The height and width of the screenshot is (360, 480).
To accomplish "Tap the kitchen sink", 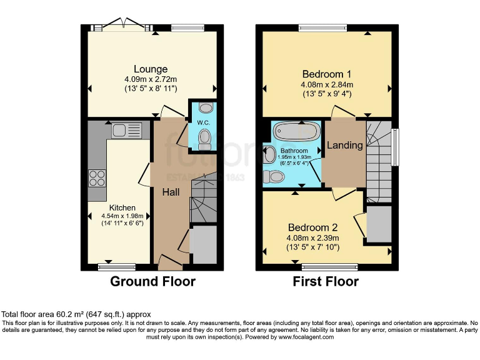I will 126,131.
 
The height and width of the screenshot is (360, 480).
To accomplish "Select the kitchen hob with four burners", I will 97,178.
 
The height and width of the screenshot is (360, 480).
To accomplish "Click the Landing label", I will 345,145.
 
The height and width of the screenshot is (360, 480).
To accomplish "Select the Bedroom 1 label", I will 327,73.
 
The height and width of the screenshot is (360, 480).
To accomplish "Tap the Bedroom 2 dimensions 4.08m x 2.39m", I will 312,238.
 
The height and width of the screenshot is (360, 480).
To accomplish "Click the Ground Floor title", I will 152,281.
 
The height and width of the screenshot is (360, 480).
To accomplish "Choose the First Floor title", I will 326,281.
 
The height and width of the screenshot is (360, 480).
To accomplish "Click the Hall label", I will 171,192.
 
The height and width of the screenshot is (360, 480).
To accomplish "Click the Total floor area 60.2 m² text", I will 75,314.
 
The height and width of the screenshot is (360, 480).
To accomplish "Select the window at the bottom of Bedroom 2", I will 321,267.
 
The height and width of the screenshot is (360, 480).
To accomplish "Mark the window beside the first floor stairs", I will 395,147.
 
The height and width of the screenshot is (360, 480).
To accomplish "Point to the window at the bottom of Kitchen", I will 117,267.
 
